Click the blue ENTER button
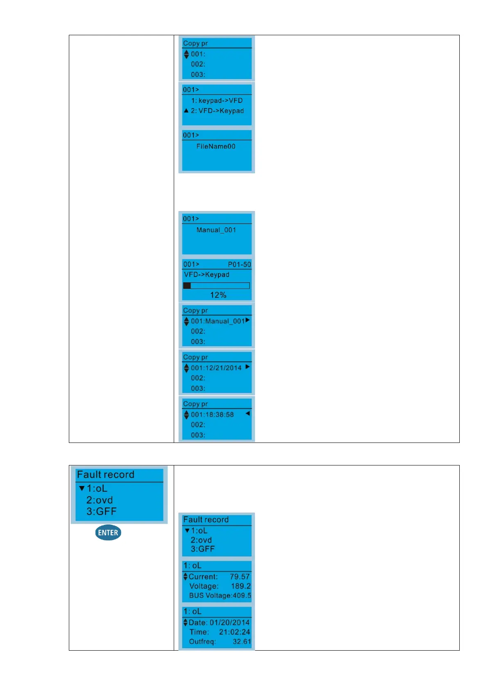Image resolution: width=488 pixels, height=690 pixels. [x=108, y=532]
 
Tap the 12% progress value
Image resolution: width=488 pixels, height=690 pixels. [x=218, y=295]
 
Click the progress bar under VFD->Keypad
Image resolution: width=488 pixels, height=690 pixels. [x=216, y=286]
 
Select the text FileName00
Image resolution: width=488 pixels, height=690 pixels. [x=216, y=146]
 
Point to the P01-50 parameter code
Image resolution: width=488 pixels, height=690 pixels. [x=239, y=264]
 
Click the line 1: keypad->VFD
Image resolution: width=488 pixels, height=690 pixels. [x=217, y=100]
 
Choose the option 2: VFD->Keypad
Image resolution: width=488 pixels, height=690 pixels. [x=217, y=111]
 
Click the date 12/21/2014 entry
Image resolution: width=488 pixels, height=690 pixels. [x=216, y=368]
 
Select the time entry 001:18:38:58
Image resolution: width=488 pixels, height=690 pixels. [x=212, y=414]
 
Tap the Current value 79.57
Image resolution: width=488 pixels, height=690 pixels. [x=240, y=577]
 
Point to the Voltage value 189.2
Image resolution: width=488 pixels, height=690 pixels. [x=241, y=586]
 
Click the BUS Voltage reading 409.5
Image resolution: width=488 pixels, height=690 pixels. [x=242, y=595]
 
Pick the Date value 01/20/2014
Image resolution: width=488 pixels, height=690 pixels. [x=229, y=622]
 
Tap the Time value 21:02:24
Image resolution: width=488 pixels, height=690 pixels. [x=234, y=632]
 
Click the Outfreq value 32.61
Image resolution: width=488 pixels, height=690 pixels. [x=242, y=641]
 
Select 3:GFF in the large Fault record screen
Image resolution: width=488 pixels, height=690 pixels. [x=101, y=511]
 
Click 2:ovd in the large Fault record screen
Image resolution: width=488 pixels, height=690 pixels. [x=100, y=500]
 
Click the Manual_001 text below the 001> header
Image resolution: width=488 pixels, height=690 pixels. [x=216, y=230]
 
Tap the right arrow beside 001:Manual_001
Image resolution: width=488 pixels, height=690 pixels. [x=247, y=320]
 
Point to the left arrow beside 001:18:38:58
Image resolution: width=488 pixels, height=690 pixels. [x=247, y=413]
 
